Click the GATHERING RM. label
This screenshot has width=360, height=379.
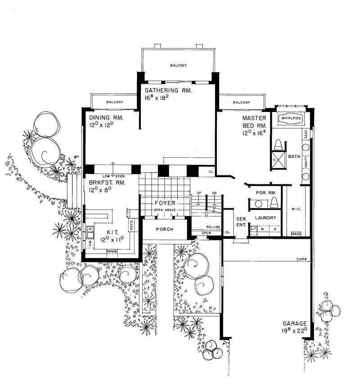click(168, 90)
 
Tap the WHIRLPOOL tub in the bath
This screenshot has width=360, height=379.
click(290, 118)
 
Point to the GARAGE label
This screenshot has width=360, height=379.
click(295, 323)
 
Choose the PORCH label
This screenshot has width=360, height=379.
click(164, 229)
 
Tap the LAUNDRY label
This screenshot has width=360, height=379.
click(265, 218)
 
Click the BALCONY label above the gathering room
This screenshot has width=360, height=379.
click(178, 66)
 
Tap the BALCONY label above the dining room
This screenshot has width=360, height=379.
click(115, 103)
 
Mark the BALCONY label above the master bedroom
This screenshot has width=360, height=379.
click(242, 103)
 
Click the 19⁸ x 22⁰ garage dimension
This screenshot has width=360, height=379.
click(295, 330)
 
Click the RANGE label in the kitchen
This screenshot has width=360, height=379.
click(112, 250)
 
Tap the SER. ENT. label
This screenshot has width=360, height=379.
click(240, 221)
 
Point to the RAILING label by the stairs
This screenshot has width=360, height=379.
click(213, 227)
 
